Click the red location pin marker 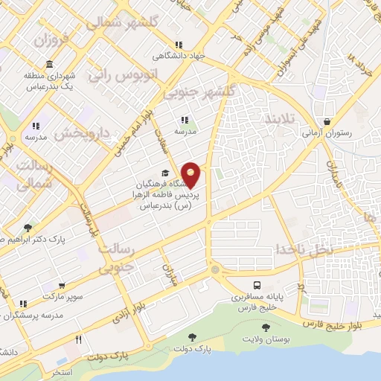[x=191, y=174]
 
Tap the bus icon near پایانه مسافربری [x=257, y=286]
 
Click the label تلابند [x=280, y=118]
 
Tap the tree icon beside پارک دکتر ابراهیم [x=28, y=227]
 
